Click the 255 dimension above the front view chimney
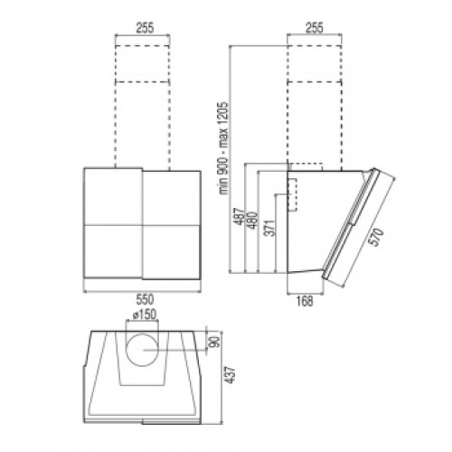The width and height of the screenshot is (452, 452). (x=146, y=28)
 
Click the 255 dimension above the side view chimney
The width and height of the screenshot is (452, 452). (x=315, y=28)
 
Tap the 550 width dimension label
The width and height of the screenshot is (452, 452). (x=145, y=299)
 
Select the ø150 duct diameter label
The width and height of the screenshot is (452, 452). (x=145, y=315)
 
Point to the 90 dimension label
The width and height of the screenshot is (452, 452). (x=213, y=342)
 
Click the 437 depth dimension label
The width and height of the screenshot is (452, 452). (x=231, y=374)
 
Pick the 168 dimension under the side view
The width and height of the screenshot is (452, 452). (x=305, y=301)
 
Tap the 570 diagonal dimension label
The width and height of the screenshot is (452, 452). (x=377, y=237)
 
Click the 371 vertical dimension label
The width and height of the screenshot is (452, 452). (x=271, y=228)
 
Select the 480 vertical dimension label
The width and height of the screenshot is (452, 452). (x=253, y=221)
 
